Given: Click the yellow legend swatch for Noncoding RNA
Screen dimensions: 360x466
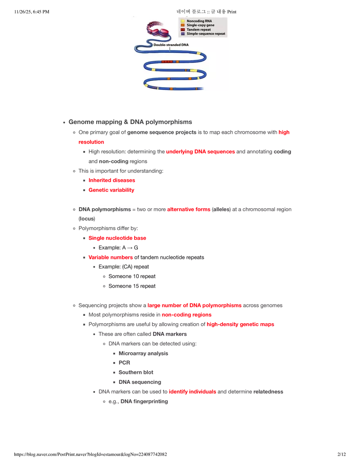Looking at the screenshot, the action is (182, 21).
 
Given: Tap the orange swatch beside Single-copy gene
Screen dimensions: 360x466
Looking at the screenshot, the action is (182, 25).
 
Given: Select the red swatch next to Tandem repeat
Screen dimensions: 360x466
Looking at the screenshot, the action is (182, 30).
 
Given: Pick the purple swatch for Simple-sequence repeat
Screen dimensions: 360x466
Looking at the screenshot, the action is (182, 34).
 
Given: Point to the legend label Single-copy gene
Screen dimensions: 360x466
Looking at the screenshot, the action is (200, 25).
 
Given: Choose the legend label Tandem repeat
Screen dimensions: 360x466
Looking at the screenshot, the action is (199, 30).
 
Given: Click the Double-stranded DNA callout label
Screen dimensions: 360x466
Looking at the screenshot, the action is (171, 45).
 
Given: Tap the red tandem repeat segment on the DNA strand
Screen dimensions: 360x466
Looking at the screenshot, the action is (167, 62).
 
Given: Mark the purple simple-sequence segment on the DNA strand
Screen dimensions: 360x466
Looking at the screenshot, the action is (152, 88).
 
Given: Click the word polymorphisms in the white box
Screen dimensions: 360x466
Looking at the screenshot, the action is (111, 209).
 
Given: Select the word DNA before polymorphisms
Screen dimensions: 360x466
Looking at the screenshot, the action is (84, 209).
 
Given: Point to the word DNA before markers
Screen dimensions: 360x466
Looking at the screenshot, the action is (158, 334).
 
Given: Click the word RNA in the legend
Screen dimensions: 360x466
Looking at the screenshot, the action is (207, 21).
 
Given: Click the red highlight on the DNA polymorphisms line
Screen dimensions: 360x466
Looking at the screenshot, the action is (189, 209).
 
